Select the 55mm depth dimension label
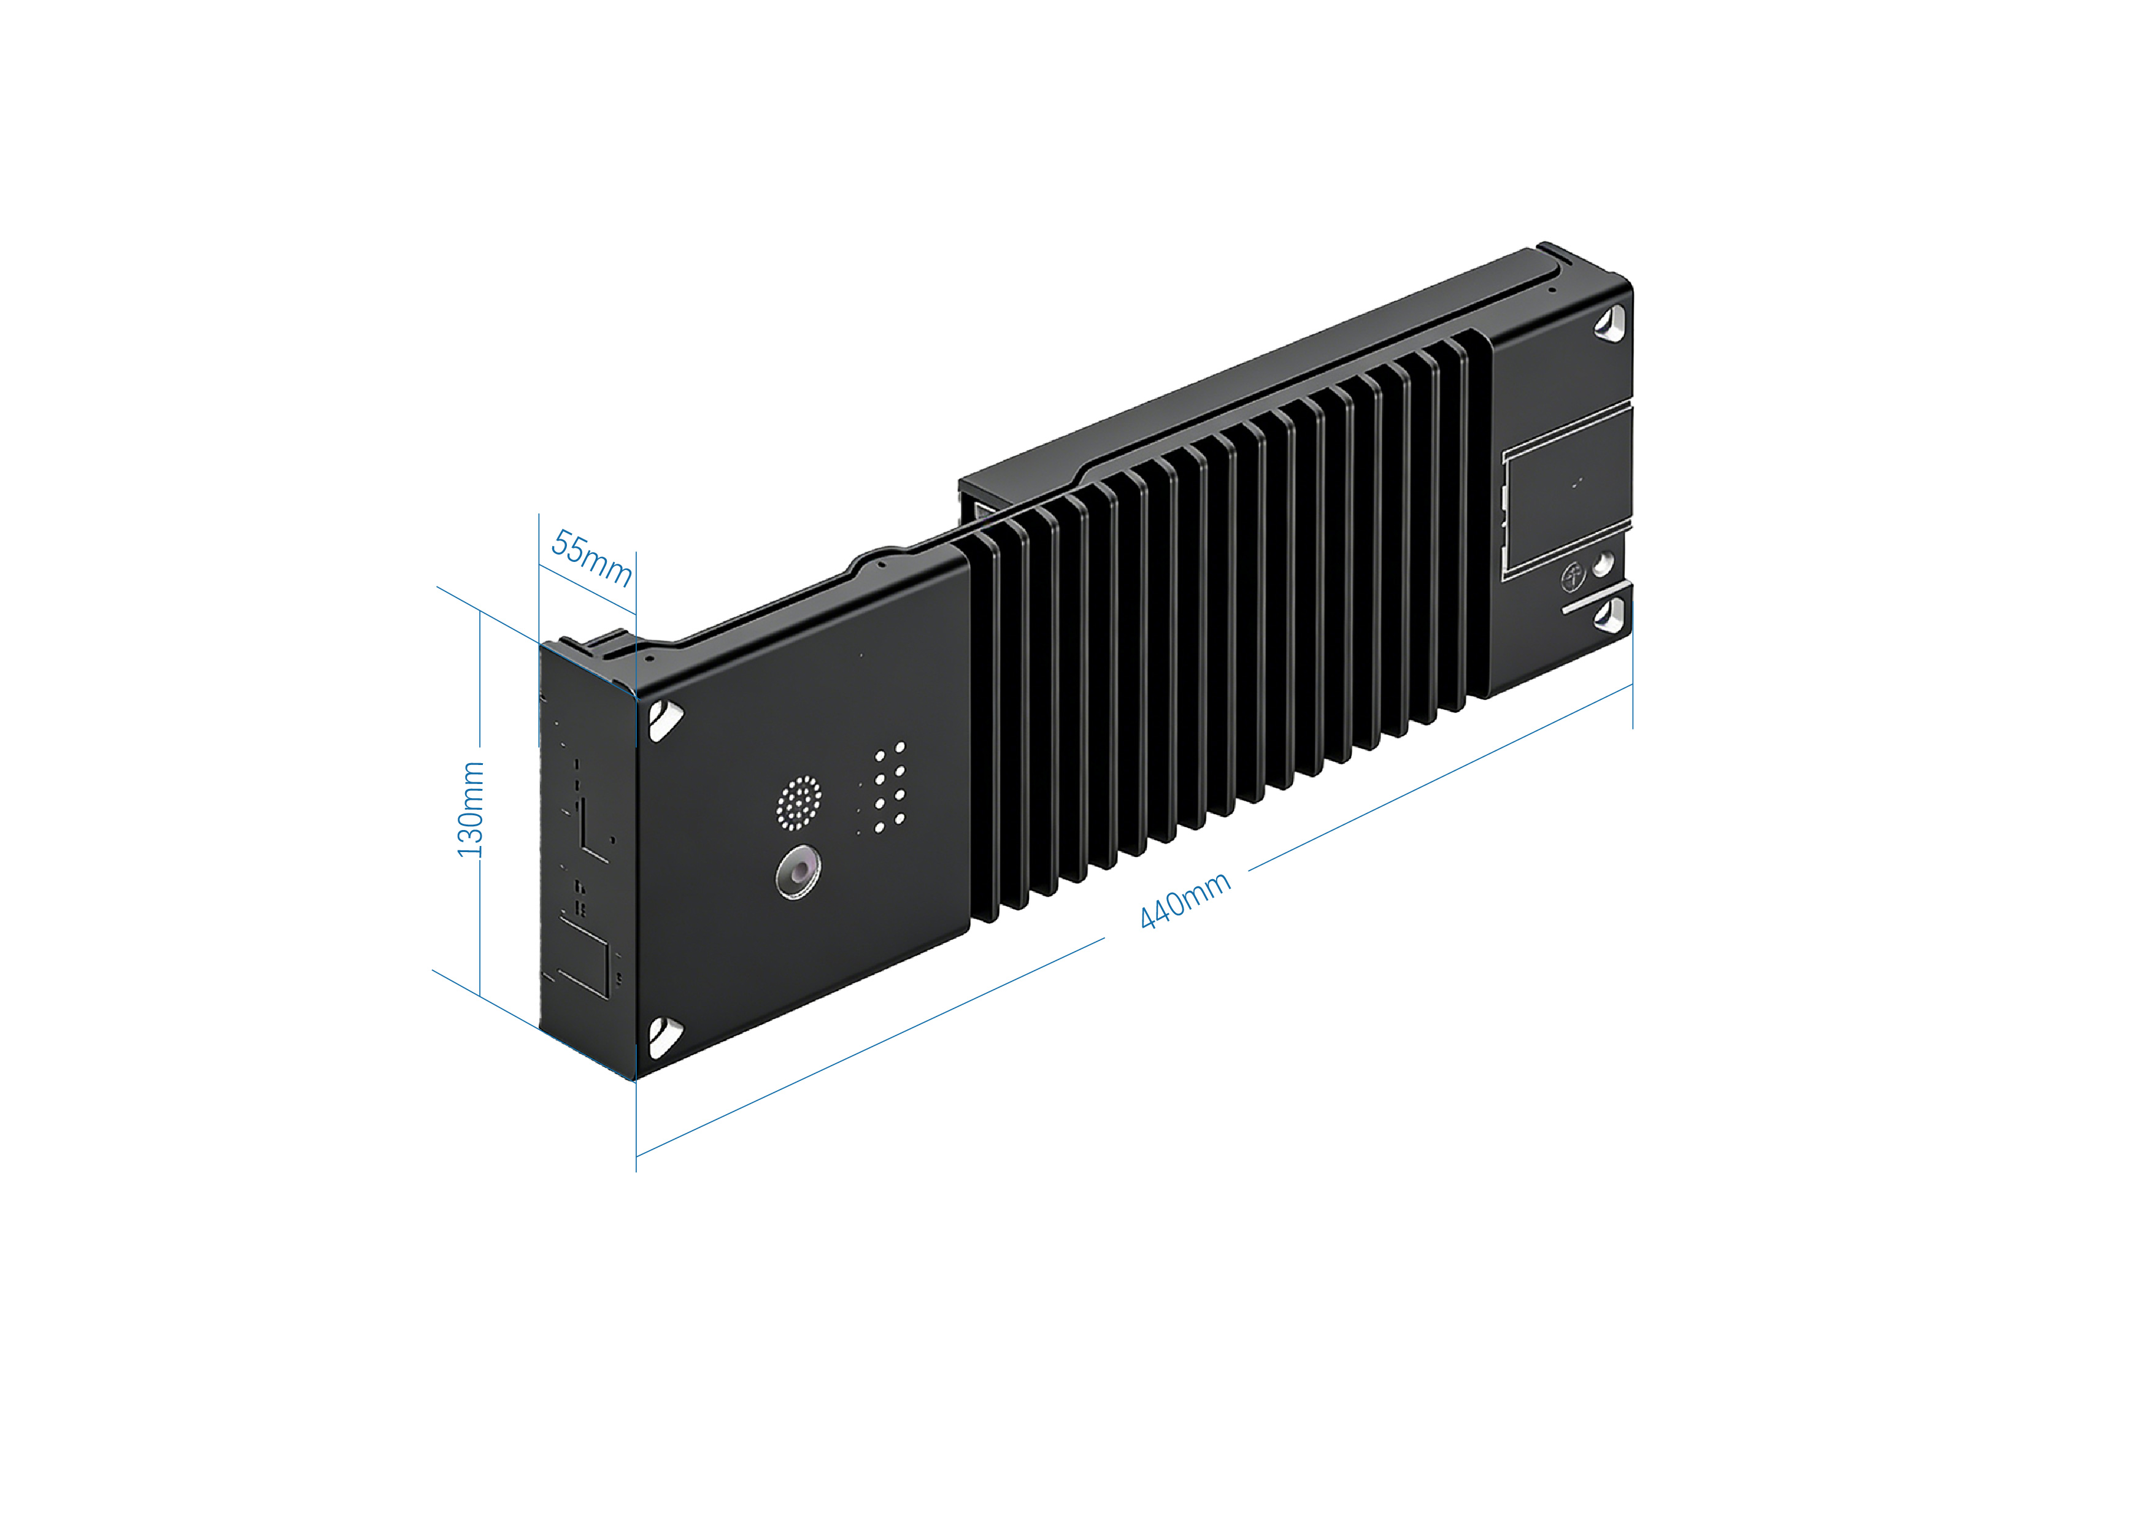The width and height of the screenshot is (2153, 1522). [x=591, y=557]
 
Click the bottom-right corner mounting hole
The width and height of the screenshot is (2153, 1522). [x=1613, y=613]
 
